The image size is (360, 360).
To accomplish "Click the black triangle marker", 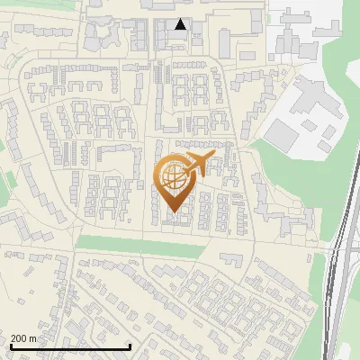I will pos(181,24).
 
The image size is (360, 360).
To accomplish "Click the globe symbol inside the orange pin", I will pos(172,178).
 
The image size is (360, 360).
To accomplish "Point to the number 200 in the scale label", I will pos(20,339).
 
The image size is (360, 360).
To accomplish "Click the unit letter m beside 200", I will pos(34,339).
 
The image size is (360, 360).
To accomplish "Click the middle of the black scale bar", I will pos(70,346).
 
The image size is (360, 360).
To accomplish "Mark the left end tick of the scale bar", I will pos(10,346).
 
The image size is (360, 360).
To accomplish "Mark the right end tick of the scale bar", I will pos(130,346).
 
